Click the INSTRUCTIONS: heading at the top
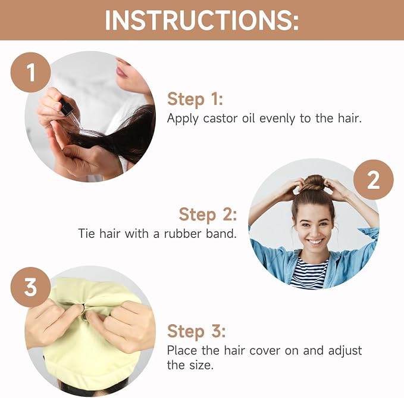pyautogui.click(x=202, y=20)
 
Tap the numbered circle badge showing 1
pyautogui.click(x=30, y=73)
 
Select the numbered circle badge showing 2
pyautogui.click(x=373, y=180)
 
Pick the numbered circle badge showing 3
pyautogui.click(x=30, y=287)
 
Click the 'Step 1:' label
pyautogui.click(x=195, y=99)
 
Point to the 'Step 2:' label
pyautogui.click(x=208, y=214)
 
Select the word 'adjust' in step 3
pyautogui.click(x=345, y=351)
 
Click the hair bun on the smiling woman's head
pyautogui.click(x=314, y=184)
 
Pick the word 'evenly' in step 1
pyautogui.click(x=277, y=119)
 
